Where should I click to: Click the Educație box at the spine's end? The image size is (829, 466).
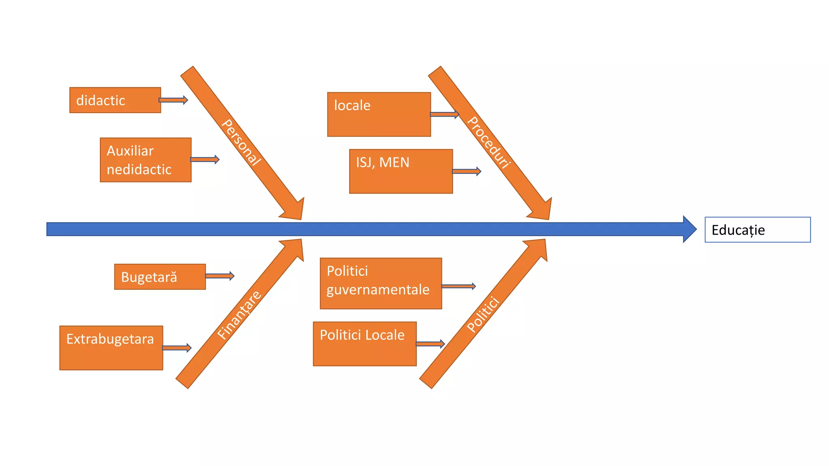coord(757,230)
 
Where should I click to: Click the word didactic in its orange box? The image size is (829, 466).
coord(100,100)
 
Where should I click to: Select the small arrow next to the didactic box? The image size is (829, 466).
coord(173,100)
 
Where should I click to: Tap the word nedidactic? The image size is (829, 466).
coord(139,169)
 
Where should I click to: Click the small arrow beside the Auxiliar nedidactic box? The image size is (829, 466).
coord(205,159)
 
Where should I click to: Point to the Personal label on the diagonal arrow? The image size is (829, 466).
coord(241,142)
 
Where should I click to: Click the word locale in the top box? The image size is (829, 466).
coord(352,106)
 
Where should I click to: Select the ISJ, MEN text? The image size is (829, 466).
coord(383,163)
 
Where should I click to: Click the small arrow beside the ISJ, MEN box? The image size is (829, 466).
coord(467,172)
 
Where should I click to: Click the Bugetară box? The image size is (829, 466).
coord(159,277)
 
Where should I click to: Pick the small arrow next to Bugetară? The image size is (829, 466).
coord(220,276)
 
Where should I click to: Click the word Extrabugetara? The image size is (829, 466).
coord(110,339)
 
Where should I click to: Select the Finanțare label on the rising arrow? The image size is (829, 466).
coord(239,315)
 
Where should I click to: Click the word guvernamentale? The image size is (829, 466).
coord(378,290)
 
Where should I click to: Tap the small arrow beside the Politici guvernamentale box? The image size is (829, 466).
coord(459,286)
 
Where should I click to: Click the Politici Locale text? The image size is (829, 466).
coord(362,335)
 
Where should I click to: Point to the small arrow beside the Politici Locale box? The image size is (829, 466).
coord(430,344)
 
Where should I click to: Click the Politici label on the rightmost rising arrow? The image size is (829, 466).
coord(483,314)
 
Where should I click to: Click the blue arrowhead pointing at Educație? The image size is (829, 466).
coord(689,229)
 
